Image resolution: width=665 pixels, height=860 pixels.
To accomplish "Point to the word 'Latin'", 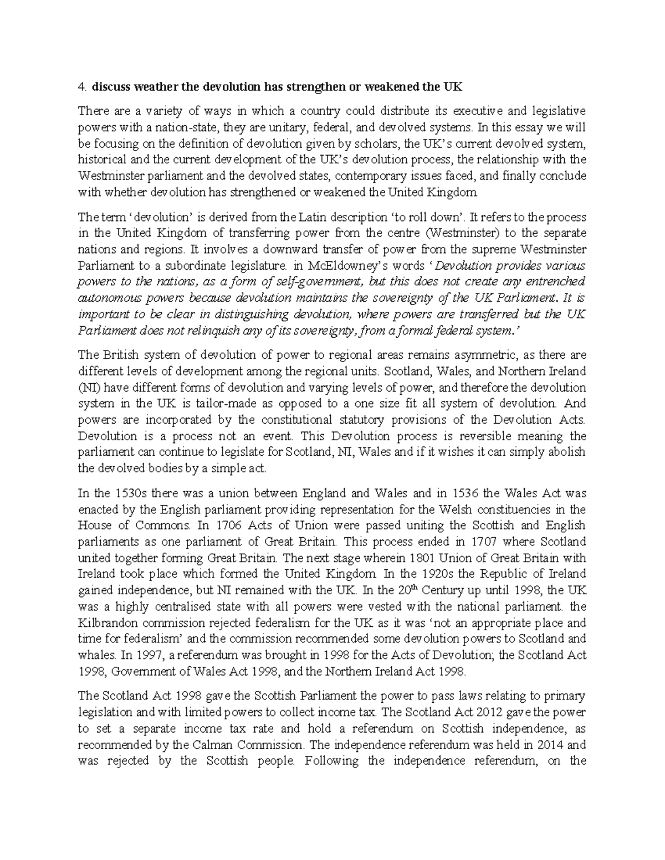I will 313,217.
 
